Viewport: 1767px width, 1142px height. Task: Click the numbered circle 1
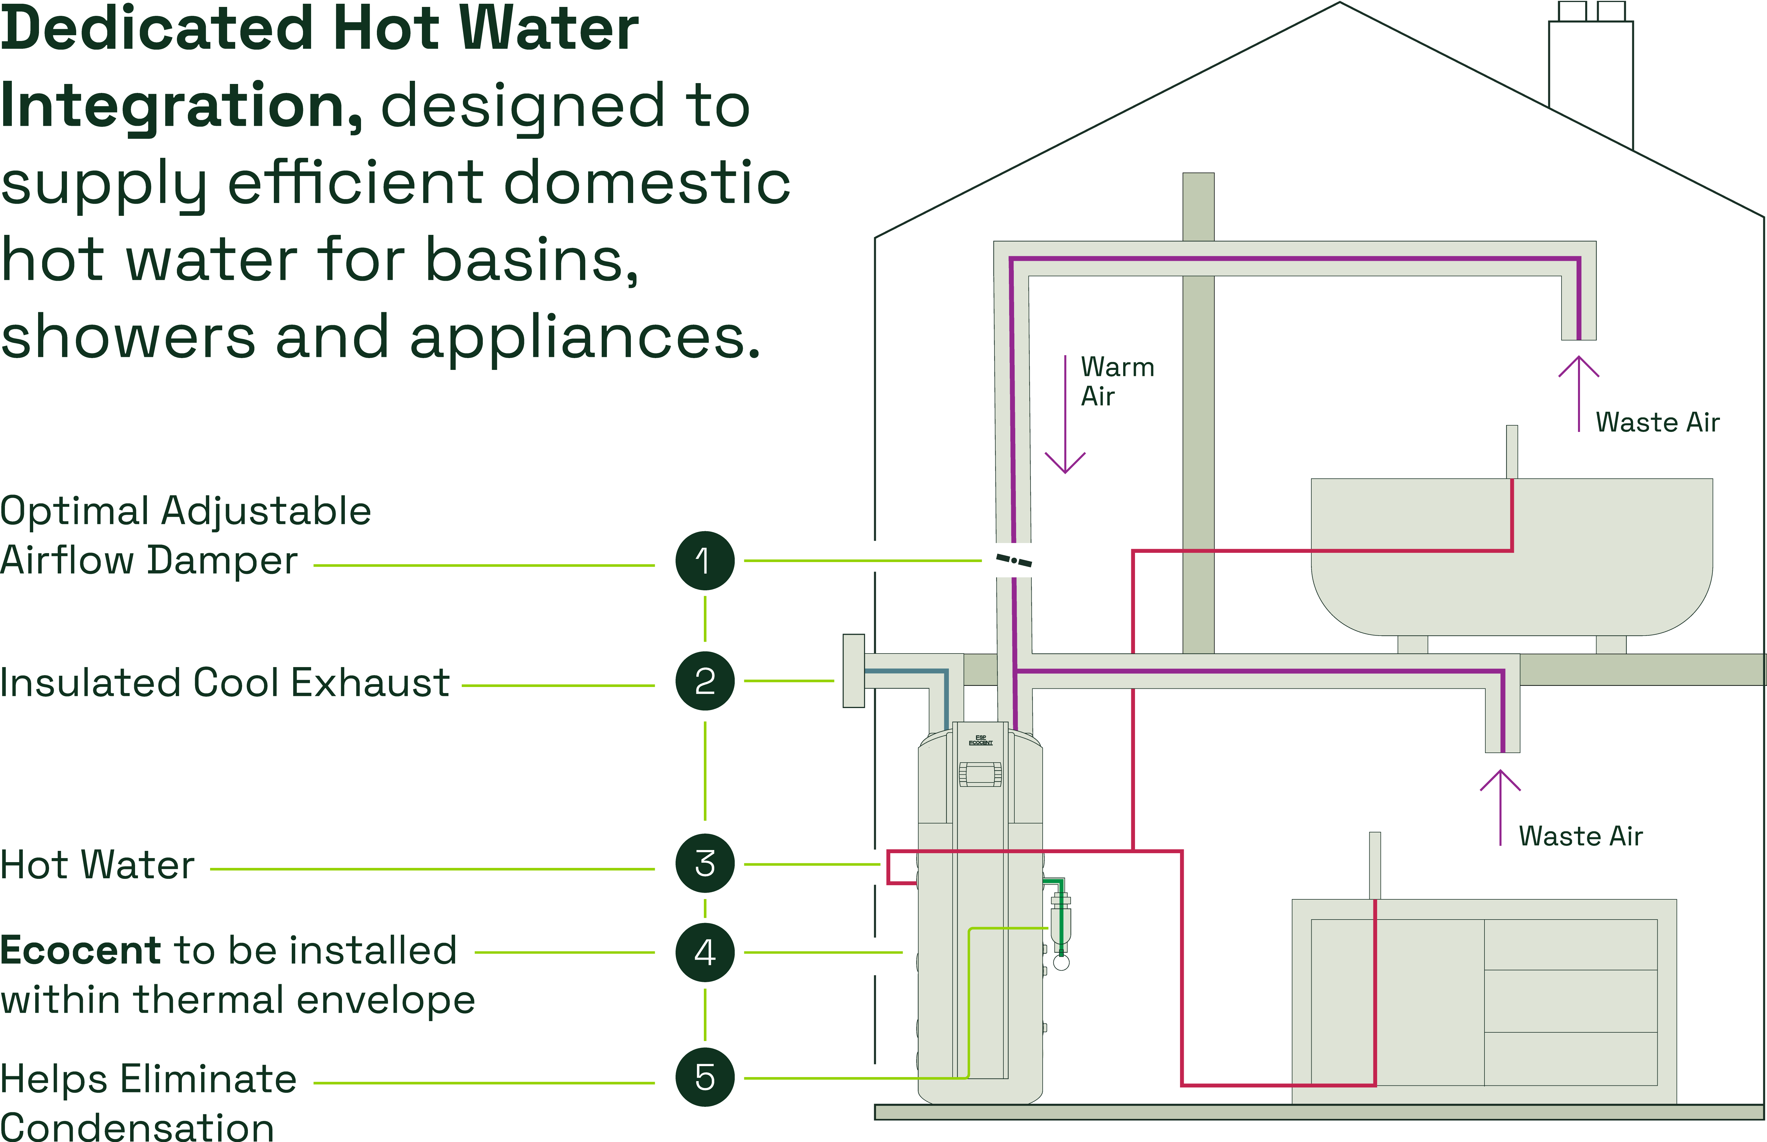(x=704, y=561)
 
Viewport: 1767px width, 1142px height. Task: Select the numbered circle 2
(x=704, y=681)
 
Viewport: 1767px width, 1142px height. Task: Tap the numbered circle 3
(x=704, y=863)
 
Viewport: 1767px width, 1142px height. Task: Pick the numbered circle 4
(x=704, y=952)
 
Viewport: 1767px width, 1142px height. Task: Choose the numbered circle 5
(x=704, y=1077)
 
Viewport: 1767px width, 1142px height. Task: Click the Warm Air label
(x=1117, y=381)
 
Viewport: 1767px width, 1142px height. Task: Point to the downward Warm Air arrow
(x=1065, y=415)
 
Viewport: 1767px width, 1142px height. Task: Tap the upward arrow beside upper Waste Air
(x=1578, y=393)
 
